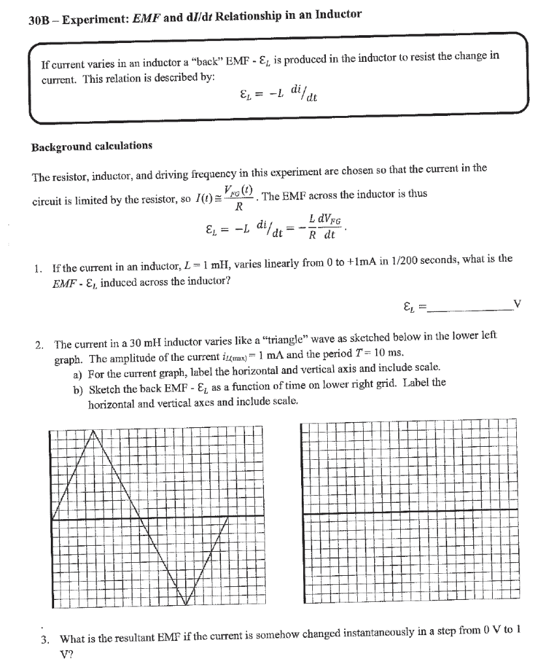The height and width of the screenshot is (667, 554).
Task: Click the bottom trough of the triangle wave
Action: click(x=186, y=604)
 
